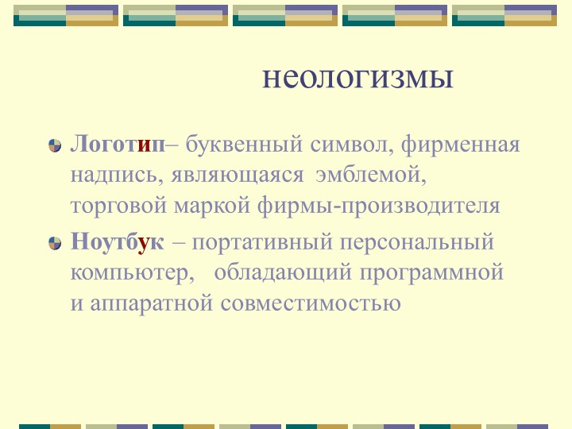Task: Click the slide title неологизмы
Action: (357, 77)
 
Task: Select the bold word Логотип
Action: (118, 145)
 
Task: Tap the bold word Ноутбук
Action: (118, 242)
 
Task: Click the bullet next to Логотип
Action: (55, 145)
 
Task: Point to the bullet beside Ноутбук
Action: (55, 243)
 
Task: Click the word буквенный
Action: (244, 145)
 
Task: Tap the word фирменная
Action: (460, 145)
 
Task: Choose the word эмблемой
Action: (371, 175)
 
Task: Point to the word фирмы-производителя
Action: (379, 206)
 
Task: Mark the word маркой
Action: (212, 206)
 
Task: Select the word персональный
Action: (416, 242)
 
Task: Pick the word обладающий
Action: (283, 272)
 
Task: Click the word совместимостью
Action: (311, 303)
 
